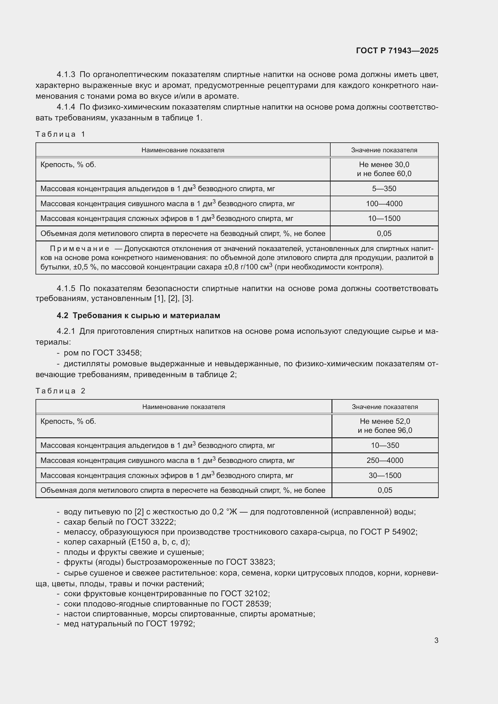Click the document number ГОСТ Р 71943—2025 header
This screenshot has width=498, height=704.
pos(397,51)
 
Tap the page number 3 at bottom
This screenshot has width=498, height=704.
pos(436,640)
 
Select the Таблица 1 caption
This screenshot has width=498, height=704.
pos(61,134)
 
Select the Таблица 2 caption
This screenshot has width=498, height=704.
pos(61,391)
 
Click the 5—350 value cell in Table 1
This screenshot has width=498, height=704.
pos(384,189)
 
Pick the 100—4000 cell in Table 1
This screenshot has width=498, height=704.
pos(384,203)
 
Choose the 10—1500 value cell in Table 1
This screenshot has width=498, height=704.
pos(384,218)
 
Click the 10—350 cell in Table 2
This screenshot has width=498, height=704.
pos(385,445)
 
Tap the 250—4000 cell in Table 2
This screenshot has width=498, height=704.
pos(385,460)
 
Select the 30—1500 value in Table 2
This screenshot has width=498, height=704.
pos(385,475)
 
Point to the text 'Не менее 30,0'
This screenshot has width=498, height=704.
pos(384,165)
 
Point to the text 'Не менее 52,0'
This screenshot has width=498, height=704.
pos(385,421)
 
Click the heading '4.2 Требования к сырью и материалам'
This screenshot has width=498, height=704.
pos(138,315)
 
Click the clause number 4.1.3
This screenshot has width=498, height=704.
pos(66,75)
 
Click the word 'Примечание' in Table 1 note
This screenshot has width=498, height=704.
pos(79,248)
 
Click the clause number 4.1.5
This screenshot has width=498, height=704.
pos(66,288)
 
